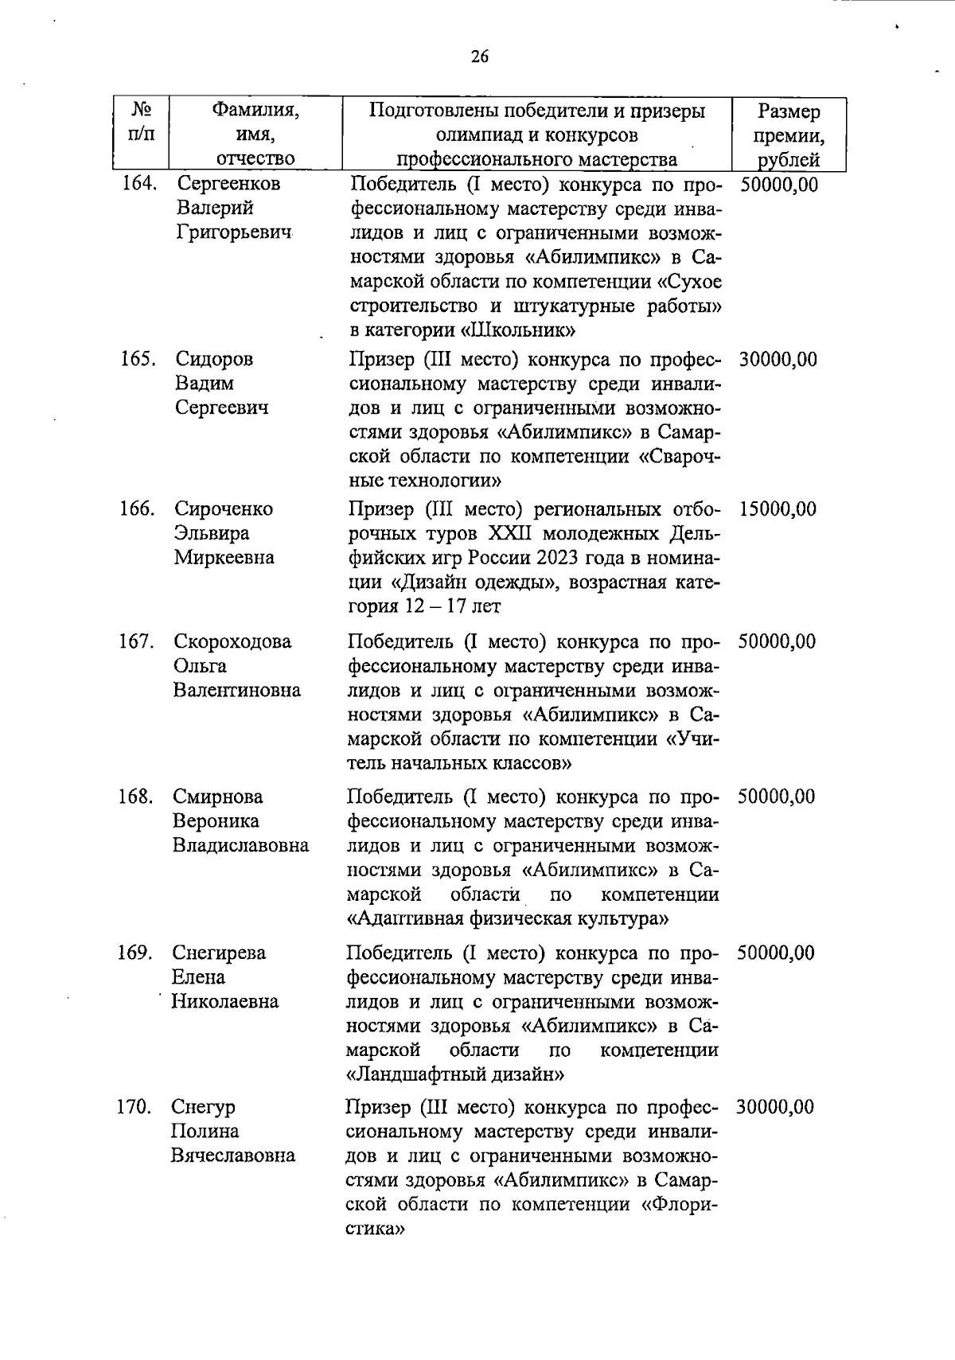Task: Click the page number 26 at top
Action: [480, 57]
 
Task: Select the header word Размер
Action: [789, 111]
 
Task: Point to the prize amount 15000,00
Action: [777, 509]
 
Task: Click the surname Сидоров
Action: [214, 360]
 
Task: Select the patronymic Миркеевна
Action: [224, 558]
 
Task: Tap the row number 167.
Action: [136, 641]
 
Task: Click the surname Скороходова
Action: [232, 641]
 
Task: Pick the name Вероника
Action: [216, 821]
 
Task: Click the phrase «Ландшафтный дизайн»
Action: [457, 1075]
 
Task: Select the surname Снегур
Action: [203, 1108]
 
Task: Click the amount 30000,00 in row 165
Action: [778, 360]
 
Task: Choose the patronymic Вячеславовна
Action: [232, 1156]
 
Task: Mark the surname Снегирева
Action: [219, 953]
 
